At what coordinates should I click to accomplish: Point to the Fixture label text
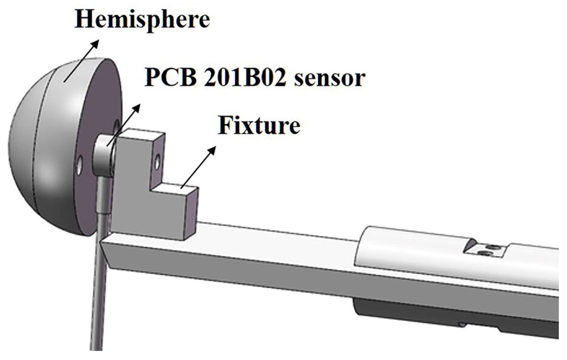(259, 126)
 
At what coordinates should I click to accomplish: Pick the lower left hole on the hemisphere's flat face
(80, 165)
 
